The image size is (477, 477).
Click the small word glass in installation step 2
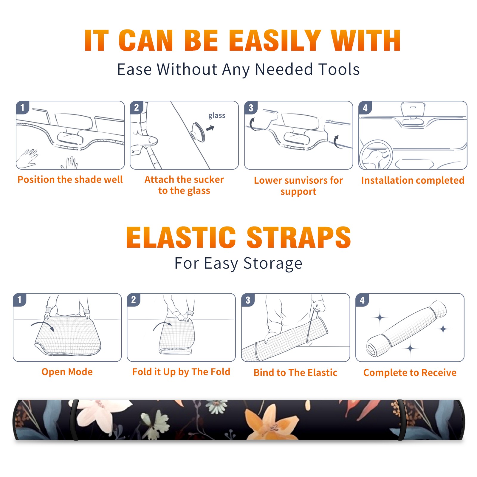217,116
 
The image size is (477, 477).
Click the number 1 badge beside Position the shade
23,107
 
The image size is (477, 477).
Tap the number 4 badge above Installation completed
365,108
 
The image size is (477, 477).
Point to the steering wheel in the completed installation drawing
376,155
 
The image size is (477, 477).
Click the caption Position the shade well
70,179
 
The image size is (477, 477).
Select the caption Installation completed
413,180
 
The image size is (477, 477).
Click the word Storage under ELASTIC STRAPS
273,264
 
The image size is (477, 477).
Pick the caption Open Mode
67,372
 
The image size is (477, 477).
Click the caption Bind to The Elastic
295,373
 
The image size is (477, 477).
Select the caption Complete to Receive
410,373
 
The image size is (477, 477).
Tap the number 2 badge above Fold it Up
134,300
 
